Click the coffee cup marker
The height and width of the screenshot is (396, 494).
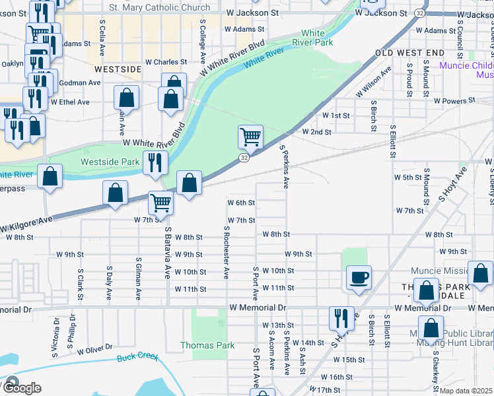click(x=359, y=277)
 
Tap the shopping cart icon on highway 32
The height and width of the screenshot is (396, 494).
click(x=250, y=137)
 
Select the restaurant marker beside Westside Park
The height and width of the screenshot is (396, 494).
click(x=155, y=162)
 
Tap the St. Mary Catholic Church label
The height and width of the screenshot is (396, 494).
click(x=159, y=8)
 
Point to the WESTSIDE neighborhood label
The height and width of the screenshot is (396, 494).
click(x=118, y=69)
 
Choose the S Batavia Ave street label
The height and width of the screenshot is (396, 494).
click(x=168, y=253)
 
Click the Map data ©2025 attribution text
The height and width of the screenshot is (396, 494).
click(x=466, y=391)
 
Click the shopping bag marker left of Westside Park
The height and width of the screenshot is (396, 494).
click(x=50, y=176)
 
